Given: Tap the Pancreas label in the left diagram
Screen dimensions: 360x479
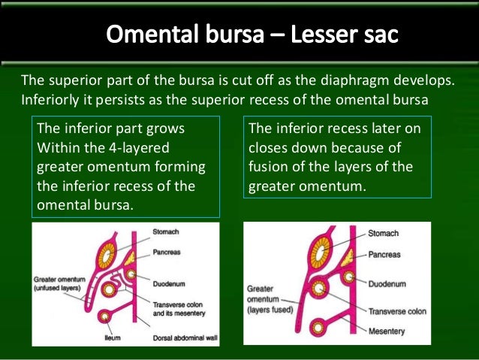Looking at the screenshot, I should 165,252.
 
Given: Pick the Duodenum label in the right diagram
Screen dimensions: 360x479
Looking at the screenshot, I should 387,284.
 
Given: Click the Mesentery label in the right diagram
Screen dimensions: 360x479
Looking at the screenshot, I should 387,331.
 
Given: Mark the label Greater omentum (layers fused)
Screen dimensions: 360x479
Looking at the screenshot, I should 270,298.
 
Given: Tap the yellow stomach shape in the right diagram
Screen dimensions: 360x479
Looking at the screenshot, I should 324,252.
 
